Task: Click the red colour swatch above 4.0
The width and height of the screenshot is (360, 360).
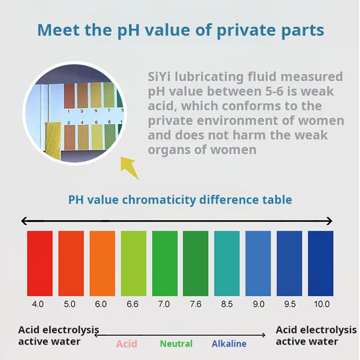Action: (40, 263)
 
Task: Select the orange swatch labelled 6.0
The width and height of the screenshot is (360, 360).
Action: (102, 263)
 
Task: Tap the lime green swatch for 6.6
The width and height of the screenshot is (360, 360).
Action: (133, 263)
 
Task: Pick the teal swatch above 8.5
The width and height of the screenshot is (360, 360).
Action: (227, 263)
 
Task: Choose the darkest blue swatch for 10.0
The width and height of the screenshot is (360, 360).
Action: (320, 263)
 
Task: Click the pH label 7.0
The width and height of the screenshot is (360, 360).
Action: (164, 304)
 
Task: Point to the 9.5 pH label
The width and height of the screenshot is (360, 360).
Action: (290, 304)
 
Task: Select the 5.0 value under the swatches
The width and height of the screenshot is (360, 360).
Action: (70, 304)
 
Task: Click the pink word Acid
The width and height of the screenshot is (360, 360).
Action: (126, 344)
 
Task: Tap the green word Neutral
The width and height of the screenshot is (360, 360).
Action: (176, 344)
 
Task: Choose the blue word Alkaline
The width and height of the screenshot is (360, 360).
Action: (229, 344)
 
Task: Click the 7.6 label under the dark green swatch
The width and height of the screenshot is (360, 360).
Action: (195, 304)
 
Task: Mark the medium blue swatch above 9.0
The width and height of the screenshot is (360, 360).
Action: (258, 263)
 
